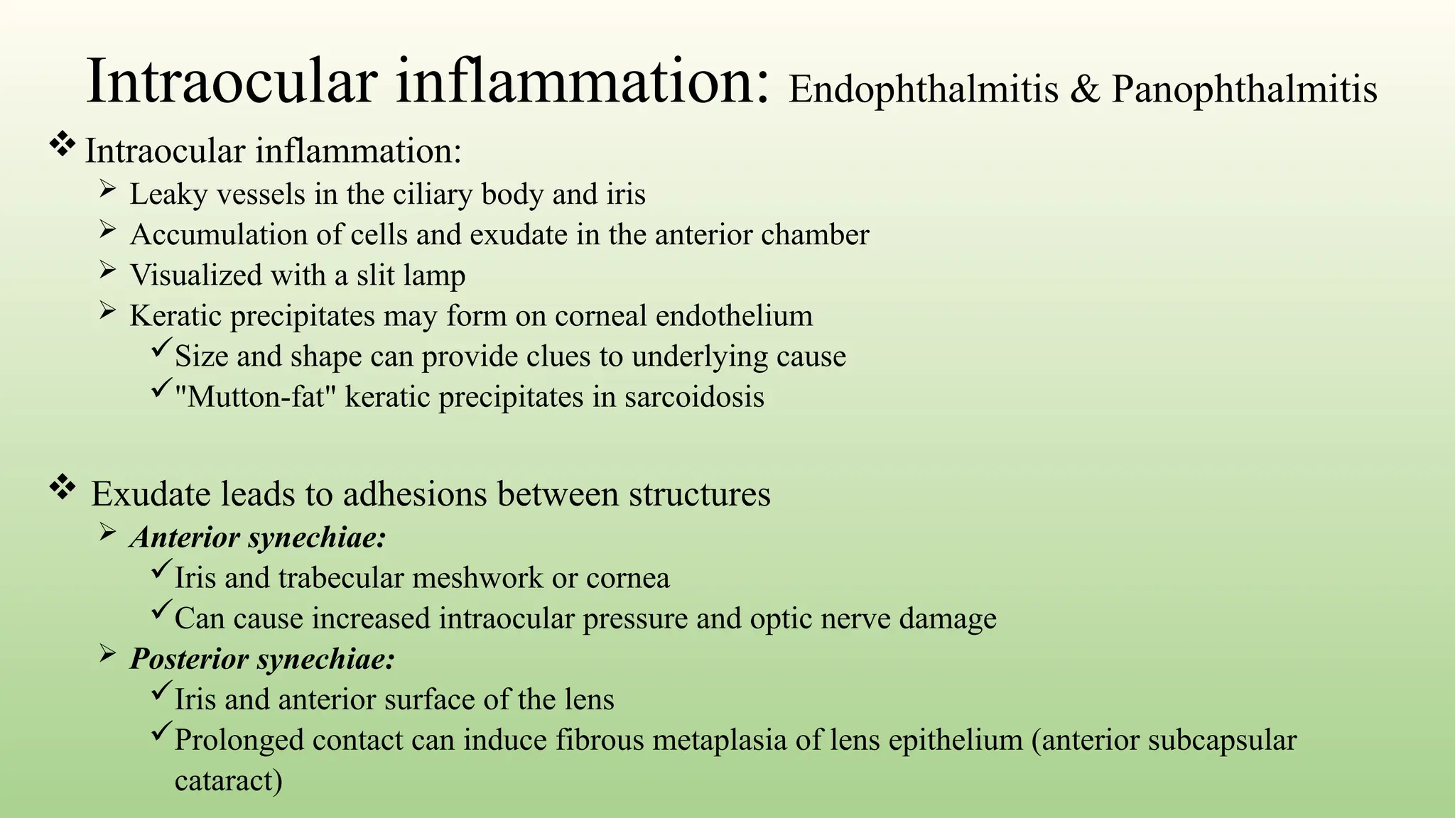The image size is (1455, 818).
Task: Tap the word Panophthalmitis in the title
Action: coord(1244,91)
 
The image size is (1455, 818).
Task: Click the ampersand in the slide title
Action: coord(1085,91)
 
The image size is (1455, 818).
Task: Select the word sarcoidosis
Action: coord(694,397)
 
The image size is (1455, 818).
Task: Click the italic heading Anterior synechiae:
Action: coord(258,538)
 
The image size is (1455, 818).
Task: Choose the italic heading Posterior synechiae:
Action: coord(262,659)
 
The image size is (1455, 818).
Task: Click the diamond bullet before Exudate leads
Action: coord(63,488)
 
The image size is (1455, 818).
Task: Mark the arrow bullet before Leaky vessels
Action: coord(107,189)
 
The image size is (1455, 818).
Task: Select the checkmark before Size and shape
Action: coord(161,349)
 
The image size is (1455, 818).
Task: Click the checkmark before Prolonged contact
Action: coord(161,734)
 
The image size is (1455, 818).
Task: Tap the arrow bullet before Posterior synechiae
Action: coord(107,653)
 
